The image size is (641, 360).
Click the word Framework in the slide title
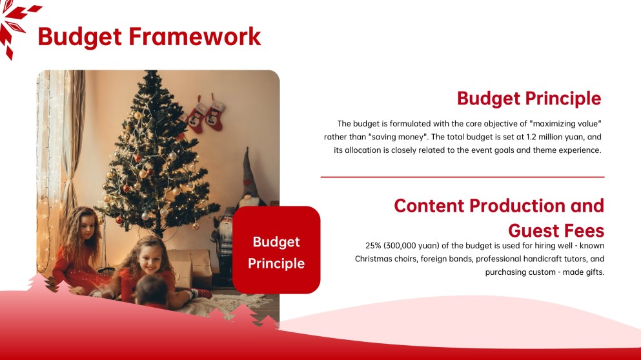194,36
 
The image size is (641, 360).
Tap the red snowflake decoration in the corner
15,25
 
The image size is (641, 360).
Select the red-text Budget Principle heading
529,99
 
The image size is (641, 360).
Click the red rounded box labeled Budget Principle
276,250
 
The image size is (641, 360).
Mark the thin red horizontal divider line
462,177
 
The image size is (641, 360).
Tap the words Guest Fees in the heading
556,231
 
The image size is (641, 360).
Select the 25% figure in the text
373,246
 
